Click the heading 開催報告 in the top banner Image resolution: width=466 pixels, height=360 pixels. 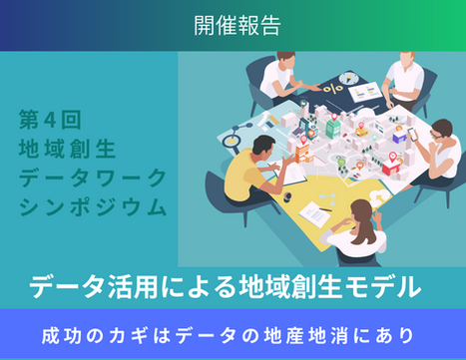[x=237, y=26]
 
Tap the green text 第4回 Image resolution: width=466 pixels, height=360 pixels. [x=50, y=120]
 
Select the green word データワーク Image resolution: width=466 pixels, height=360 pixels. [x=93, y=178]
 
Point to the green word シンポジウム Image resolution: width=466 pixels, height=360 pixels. [x=93, y=206]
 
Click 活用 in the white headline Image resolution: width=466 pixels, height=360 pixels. [x=133, y=287]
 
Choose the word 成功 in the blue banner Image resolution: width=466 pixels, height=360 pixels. [x=62, y=336]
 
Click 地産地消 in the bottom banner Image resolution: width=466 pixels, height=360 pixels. [x=306, y=336]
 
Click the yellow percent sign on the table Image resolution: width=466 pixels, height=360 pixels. [x=333, y=89]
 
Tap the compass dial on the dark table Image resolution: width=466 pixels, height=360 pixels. [x=347, y=79]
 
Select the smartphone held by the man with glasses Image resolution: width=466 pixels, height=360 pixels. [x=413, y=134]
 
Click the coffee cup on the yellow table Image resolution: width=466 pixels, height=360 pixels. [x=287, y=196]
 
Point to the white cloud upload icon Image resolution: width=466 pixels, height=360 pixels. [x=378, y=196]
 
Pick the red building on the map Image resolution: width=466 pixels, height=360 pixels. [x=391, y=168]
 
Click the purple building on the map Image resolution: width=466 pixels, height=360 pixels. [x=399, y=136]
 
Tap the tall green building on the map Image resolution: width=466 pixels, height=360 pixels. [x=333, y=129]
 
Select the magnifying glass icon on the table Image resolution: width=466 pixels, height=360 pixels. [x=231, y=141]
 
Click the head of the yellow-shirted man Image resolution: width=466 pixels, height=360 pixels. [x=262, y=146]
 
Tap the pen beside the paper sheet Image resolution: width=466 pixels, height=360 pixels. [x=324, y=209]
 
